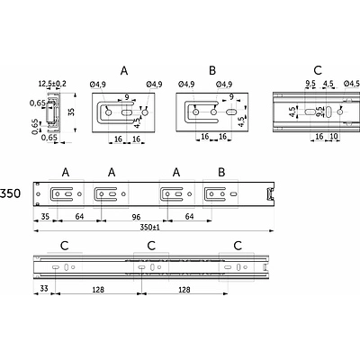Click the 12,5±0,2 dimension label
(x=52, y=84)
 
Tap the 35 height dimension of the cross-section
(x=71, y=112)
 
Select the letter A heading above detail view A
(x=124, y=71)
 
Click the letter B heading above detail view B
(x=212, y=71)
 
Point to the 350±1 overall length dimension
(x=149, y=227)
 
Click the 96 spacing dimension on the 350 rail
(x=136, y=217)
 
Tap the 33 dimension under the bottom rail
(x=44, y=289)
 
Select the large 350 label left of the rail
(x=10, y=193)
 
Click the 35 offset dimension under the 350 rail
(x=45, y=216)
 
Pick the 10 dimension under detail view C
(x=334, y=137)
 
